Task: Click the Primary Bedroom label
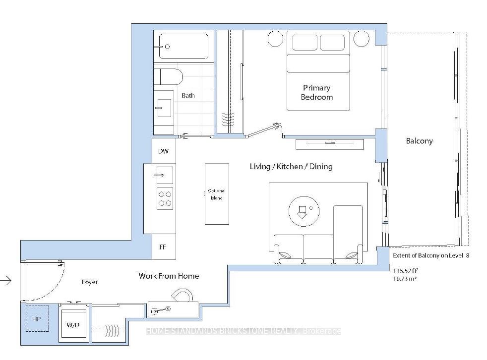pyautogui.click(x=316, y=92)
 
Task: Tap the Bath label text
pyautogui.click(x=188, y=95)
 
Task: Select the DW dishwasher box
pyautogui.click(x=164, y=151)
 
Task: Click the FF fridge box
pyautogui.click(x=164, y=247)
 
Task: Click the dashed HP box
pyautogui.click(x=37, y=319)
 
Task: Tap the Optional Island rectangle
pyautogui.click(x=217, y=194)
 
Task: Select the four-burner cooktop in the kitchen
pyautogui.click(x=165, y=198)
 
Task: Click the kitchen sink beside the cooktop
pyautogui.click(x=165, y=175)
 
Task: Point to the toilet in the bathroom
pyautogui.click(x=168, y=77)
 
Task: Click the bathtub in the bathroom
pyautogui.click(x=183, y=46)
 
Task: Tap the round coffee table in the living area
pyautogui.click(x=304, y=212)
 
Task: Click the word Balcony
pyautogui.click(x=419, y=141)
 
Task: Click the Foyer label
pyautogui.click(x=90, y=282)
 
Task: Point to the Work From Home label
pyautogui.click(x=169, y=276)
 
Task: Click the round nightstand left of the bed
pyautogui.click(x=276, y=39)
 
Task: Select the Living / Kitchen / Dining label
pyautogui.click(x=291, y=167)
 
